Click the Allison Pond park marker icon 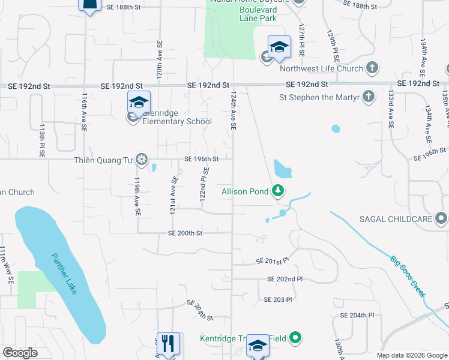(278, 191)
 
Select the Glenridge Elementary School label (176, 121)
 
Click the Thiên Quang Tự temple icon (142, 159)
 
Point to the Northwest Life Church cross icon (372, 68)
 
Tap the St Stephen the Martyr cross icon (369, 95)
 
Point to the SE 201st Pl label (273, 261)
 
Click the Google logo (20, 353)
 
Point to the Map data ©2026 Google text (412, 355)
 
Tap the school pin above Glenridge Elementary (139, 102)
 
